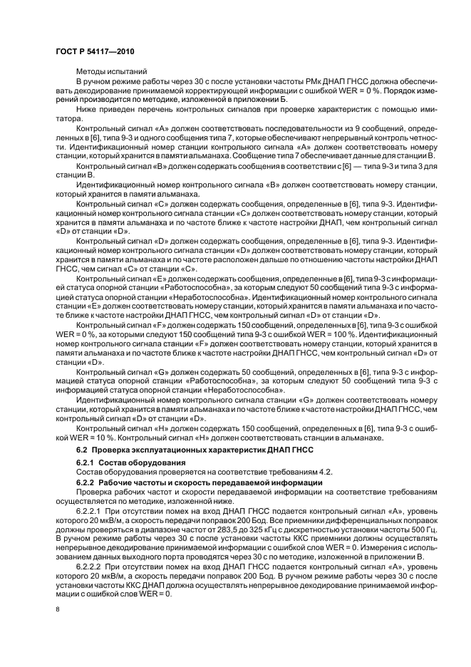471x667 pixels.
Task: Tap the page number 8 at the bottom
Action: (x=58, y=609)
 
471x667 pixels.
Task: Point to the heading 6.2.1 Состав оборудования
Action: (x=125, y=463)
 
